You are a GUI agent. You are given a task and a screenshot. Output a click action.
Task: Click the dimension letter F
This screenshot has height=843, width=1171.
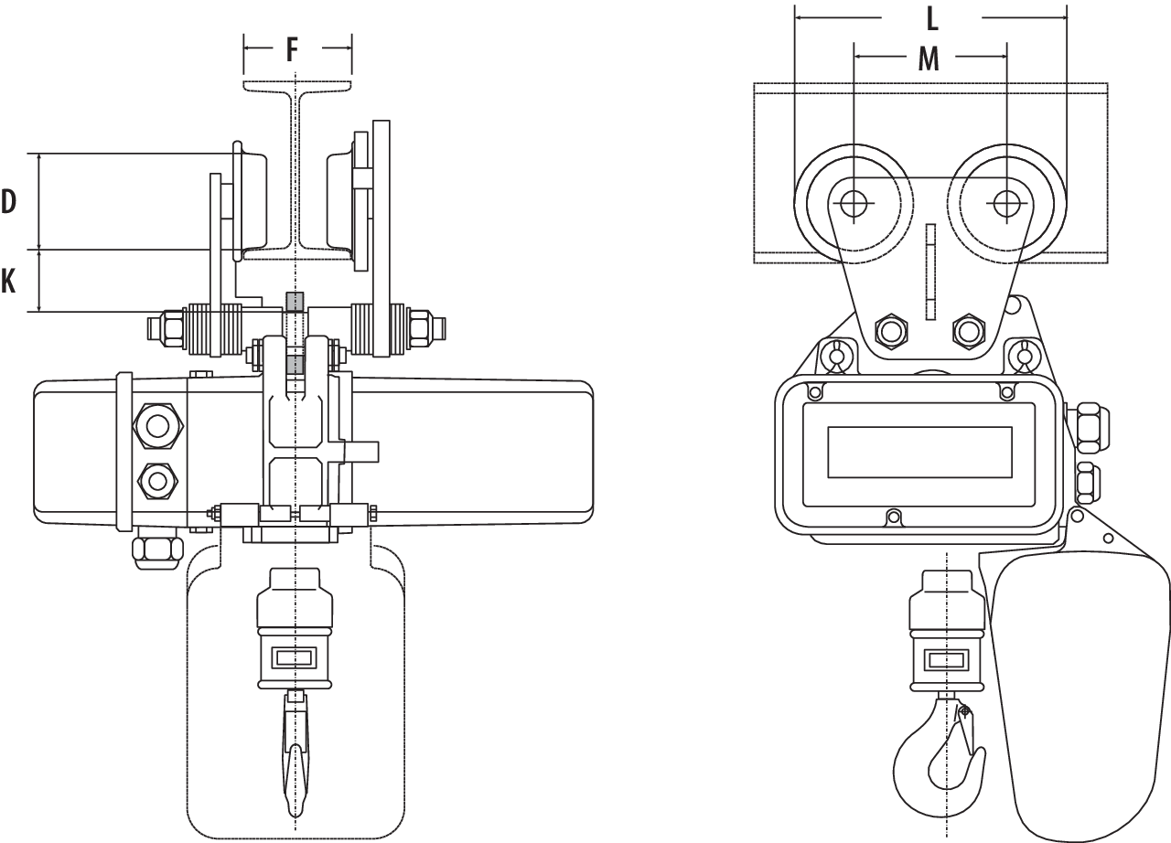(292, 50)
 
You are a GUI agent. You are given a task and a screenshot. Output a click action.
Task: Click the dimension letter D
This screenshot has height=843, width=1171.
(8, 202)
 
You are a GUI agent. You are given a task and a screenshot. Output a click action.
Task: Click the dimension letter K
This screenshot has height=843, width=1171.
(8, 281)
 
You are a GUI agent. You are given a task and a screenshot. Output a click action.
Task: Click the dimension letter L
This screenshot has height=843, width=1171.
(932, 19)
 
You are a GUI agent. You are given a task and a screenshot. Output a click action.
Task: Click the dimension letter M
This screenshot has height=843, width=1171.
(929, 59)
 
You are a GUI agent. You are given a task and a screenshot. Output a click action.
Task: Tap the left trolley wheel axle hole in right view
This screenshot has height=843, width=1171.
(854, 203)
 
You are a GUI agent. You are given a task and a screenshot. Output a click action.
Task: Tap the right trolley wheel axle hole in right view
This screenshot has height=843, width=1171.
(1006, 203)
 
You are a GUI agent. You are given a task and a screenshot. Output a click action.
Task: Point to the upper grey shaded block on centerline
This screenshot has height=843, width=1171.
(295, 302)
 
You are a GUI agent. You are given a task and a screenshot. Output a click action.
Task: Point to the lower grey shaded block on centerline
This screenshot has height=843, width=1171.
(295, 365)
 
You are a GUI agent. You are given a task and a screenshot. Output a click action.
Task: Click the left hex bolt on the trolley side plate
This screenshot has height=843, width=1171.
(891, 331)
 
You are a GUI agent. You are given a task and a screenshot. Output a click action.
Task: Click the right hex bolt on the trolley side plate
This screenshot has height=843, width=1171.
(968, 331)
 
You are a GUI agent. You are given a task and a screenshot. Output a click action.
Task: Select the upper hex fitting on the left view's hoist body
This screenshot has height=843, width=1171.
(157, 426)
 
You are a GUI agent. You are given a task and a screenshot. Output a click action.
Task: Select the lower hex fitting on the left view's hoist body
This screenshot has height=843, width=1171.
(157, 481)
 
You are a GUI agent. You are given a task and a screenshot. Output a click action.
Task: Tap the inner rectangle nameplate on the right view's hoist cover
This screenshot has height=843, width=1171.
(919, 453)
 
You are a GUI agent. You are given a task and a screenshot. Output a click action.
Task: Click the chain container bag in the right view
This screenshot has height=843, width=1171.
(1077, 695)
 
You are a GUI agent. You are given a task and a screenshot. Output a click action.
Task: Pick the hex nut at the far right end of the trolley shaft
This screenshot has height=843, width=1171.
(424, 328)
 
